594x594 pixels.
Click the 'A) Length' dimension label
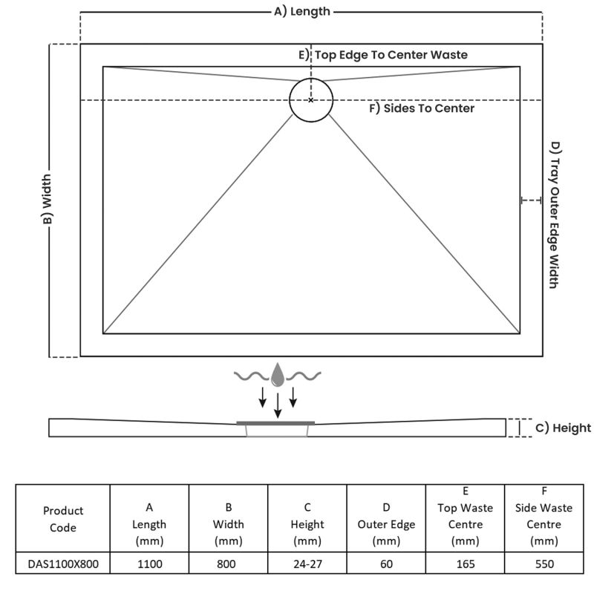[x=302, y=11]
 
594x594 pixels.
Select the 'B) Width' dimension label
[x=47, y=200]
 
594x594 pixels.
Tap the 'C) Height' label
[x=563, y=428]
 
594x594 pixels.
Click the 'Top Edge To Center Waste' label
[x=391, y=54]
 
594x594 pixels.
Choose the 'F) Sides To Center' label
[x=422, y=108]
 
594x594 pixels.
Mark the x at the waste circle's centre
[x=311, y=99]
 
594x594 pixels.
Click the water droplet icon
[x=278, y=375]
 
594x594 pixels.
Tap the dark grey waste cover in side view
[x=275, y=422]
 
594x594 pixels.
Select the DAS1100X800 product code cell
[x=63, y=564]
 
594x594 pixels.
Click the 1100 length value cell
[x=149, y=564]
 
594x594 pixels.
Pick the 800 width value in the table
[x=228, y=564]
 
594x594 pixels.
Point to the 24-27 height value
[x=307, y=564]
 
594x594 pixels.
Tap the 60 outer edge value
[x=386, y=564]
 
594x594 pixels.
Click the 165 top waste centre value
[x=465, y=564]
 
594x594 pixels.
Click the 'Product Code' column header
[x=63, y=519]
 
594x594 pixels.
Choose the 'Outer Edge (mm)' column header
[x=386, y=524]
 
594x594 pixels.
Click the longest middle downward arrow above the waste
[x=278, y=405]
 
